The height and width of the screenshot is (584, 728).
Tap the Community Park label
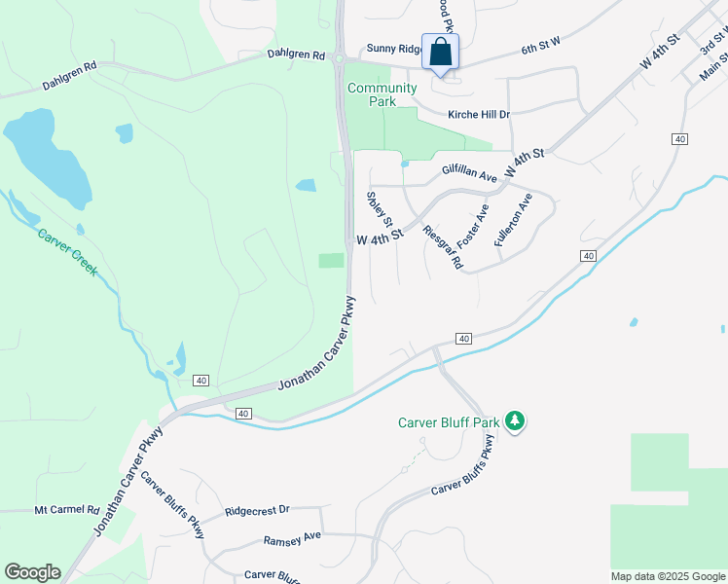pyautogui.click(x=382, y=95)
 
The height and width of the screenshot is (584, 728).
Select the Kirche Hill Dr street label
pyautogui.click(x=478, y=115)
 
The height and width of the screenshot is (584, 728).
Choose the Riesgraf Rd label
pyautogui.click(x=443, y=247)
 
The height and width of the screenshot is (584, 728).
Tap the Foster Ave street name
pyautogui.click(x=477, y=225)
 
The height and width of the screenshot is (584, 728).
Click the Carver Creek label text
pyautogui.click(x=67, y=252)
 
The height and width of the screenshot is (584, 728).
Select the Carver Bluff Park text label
pyautogui.click(x=448, y=422)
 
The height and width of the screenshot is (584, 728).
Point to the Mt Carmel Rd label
pyautogui.click(x=67, y=510)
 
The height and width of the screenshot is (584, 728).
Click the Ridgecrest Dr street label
pyautogui.click(x=257, y=510)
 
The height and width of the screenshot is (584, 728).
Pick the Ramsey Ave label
pyautogui.click(x=292, y=538)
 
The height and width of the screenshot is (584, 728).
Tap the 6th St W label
pyautogui.click(x=542, y=47)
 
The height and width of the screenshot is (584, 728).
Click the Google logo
pyautogui.click(x=32, y=572)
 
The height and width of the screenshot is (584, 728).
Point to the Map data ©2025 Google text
pyautogui.click(x=667, y=576)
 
